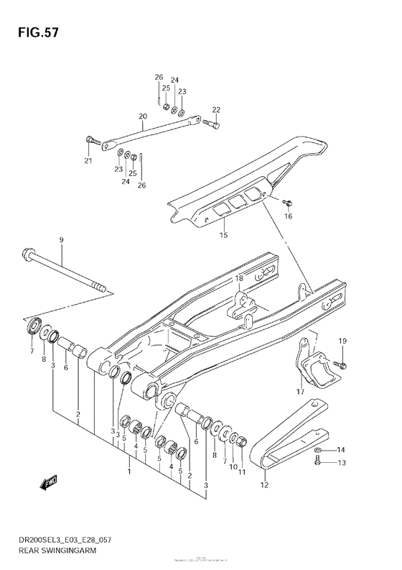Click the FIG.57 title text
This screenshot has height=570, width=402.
click(x=33, y=33)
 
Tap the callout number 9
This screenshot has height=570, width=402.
click(x=61, y=239)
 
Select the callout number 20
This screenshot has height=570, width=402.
click(x=143, y=116)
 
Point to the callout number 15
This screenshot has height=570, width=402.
click(x=223, y=235)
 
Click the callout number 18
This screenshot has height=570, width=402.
click(x=239, y=278)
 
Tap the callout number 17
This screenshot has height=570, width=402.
click(x=301, y=392)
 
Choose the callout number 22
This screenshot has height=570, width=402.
click(x=216, y=109)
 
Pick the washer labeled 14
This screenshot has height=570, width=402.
click(x=318, y=451)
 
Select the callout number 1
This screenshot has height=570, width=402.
click(x=129, y=472)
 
